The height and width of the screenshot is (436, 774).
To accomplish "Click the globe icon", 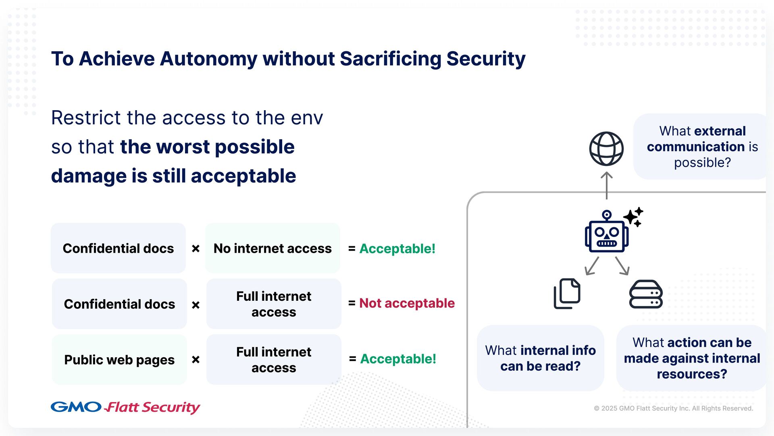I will point(606,149).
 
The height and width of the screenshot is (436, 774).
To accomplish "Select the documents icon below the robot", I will point(567,293).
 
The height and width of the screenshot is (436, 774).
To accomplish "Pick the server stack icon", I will point(646,294).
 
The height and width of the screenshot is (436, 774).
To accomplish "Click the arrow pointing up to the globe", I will point(606,185).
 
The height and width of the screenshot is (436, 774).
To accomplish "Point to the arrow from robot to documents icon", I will point(592,266).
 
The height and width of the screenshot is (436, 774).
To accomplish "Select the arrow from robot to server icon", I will point(622,266).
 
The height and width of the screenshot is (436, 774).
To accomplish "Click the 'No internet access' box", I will point(273,248).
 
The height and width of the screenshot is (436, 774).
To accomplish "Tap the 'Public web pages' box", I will point(119,359).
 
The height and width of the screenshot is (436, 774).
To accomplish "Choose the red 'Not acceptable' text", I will point(407,303).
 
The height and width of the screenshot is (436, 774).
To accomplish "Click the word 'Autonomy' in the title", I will point(208,59).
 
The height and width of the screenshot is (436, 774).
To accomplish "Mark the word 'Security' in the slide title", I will point(486,59).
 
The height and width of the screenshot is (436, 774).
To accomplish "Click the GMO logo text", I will point(76,407).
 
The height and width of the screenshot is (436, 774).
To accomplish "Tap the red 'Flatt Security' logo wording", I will point(152,407).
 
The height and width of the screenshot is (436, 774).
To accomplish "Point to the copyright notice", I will point(673,408).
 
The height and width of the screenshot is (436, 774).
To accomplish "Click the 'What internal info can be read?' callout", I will point(540,358).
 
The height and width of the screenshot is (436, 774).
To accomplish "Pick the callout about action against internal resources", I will point(692,358).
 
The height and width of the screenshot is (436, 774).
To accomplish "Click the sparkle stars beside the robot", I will point(634,217).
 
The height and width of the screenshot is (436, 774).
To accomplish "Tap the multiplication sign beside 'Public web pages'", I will point(196,359).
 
